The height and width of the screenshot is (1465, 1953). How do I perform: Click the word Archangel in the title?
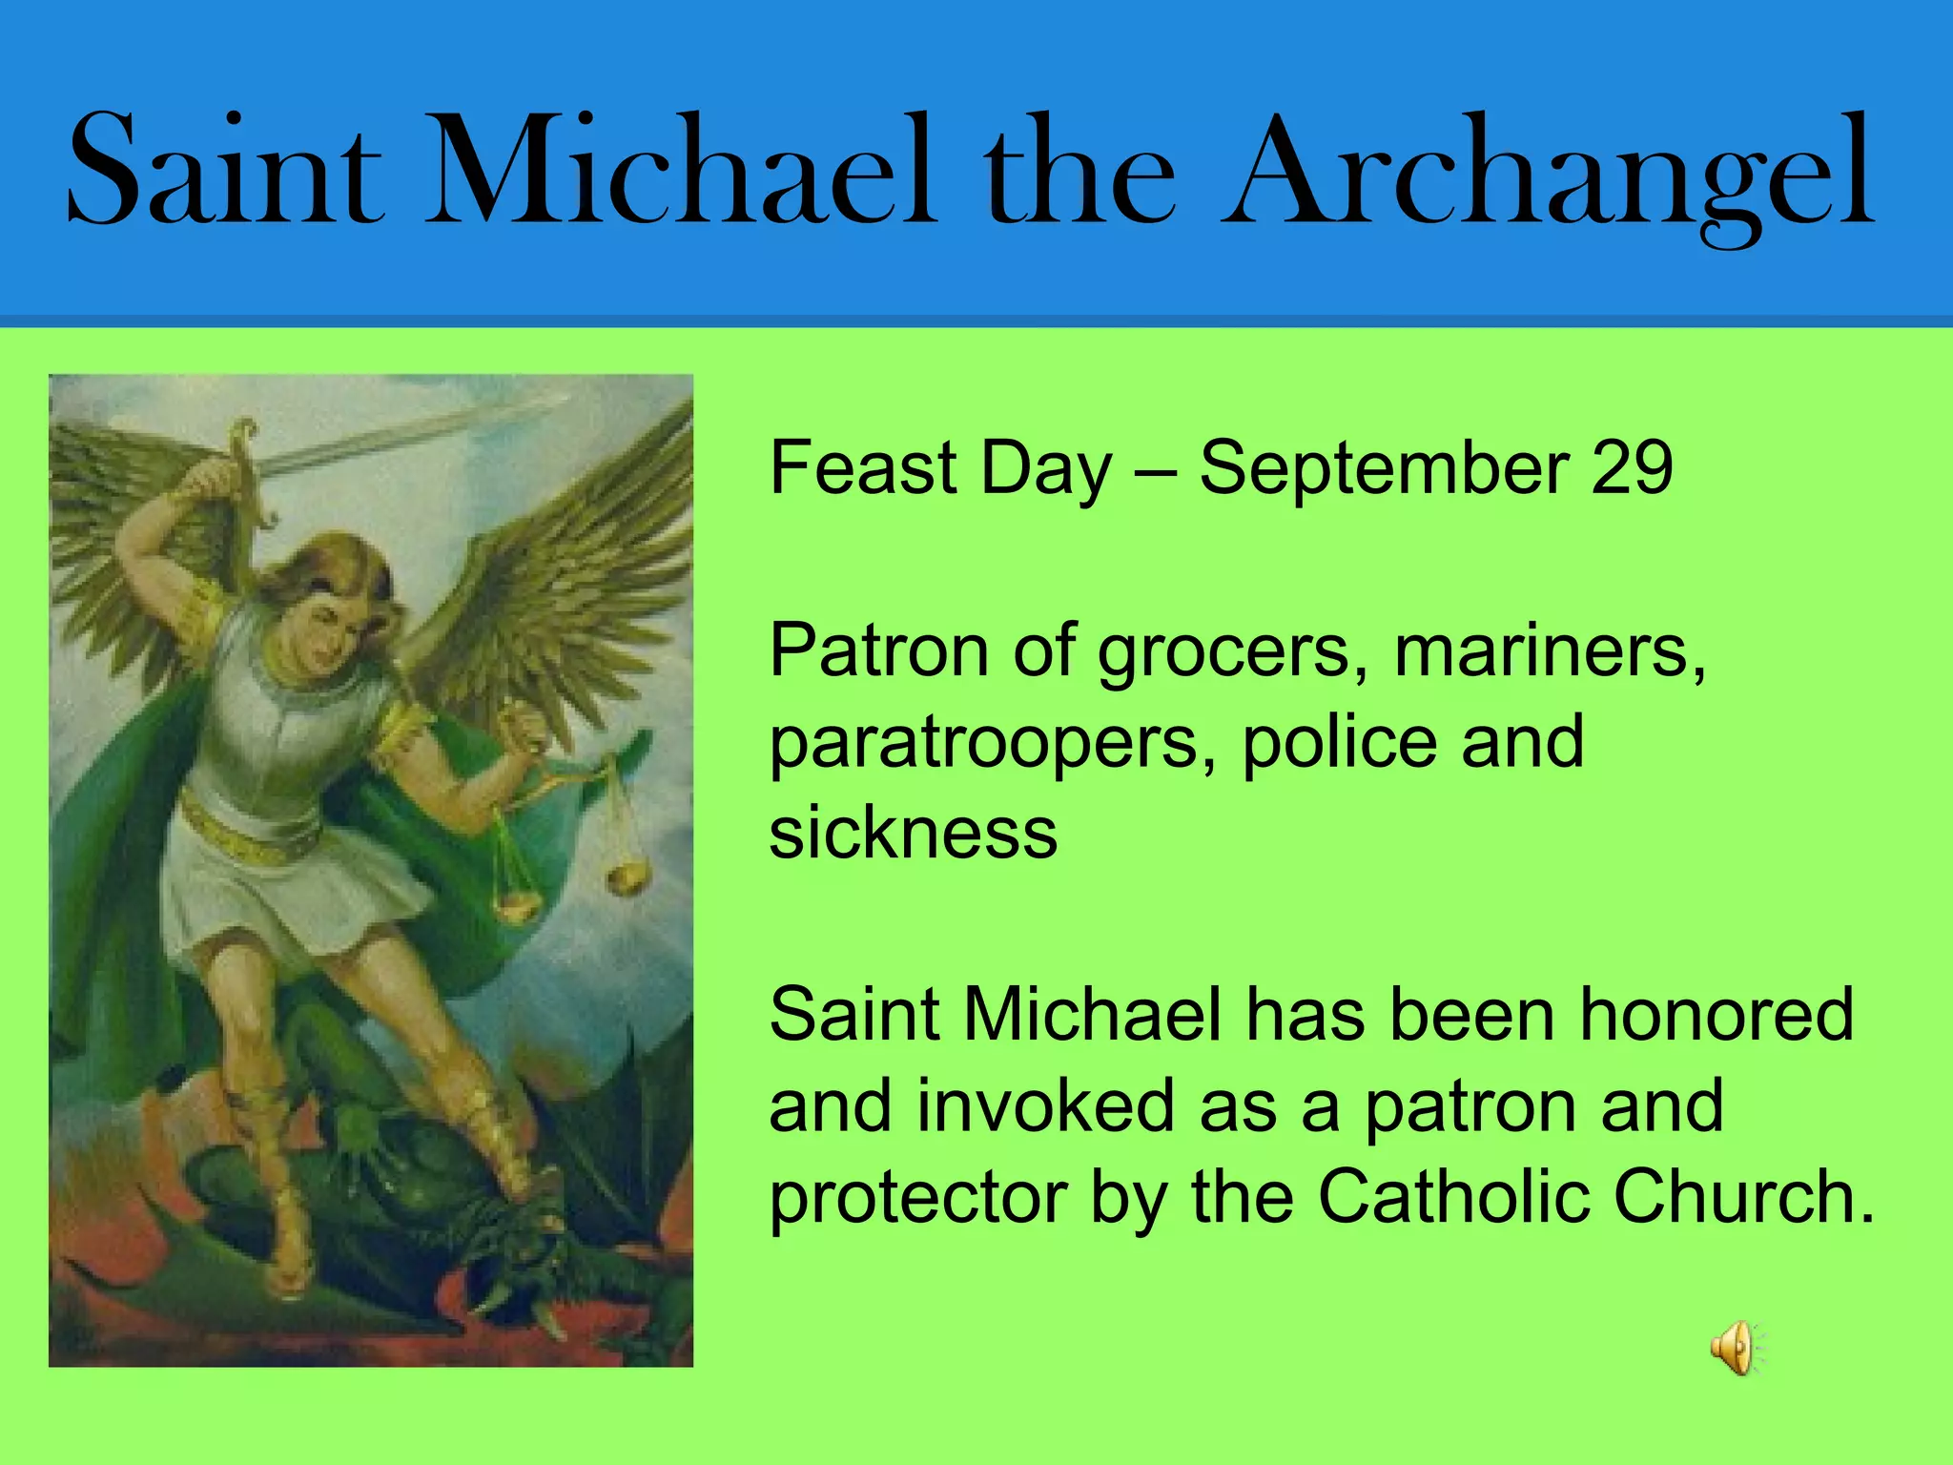tap(1550, 172)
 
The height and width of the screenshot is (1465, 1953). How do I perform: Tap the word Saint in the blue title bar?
tap(226, 172)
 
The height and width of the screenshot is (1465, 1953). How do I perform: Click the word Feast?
tap(863, 467)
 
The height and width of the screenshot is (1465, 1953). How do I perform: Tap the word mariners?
tap(1550, 650)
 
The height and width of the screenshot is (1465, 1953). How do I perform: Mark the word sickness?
tap(913, 833)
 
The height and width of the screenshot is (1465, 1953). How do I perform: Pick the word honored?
tap(1717, 1013)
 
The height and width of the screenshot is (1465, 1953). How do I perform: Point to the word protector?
tap(918, 1198)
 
